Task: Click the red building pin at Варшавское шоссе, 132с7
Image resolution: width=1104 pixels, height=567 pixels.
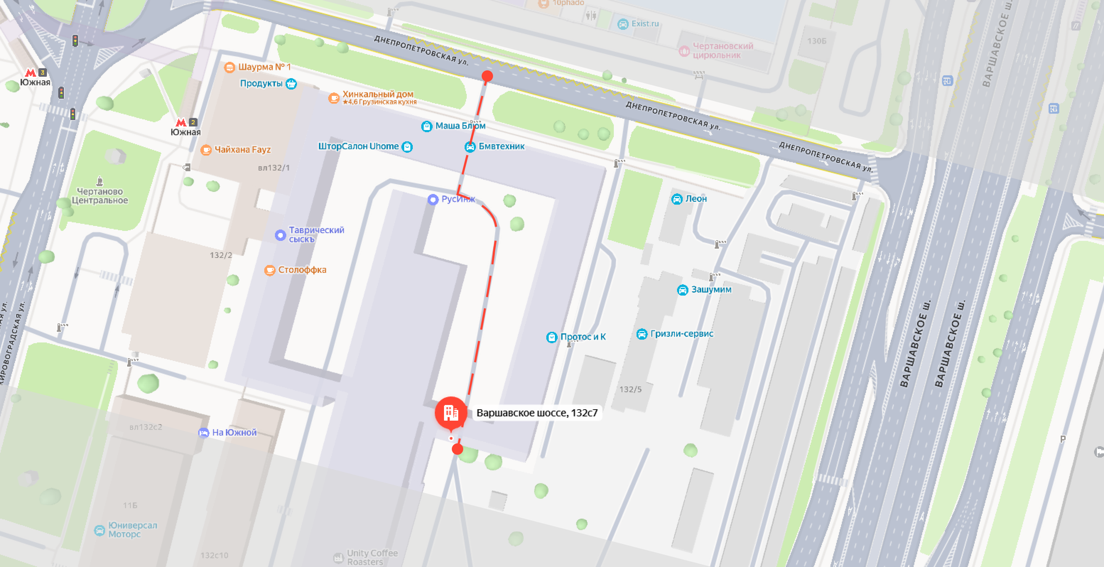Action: tap(450, 412)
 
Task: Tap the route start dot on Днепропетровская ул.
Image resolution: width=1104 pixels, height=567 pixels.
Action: tap(487, 76)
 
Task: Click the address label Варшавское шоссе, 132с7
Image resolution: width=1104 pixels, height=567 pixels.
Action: tap(537, 413)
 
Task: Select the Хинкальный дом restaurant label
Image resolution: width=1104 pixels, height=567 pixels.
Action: tap(378, 94)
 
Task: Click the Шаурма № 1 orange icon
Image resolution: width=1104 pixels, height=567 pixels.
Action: tap(230, 67)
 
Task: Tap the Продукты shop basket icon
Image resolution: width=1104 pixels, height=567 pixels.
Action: tap(291, 83)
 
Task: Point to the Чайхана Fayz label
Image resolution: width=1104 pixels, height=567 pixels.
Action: tap(242, 150)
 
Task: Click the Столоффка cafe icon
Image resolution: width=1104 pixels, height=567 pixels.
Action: tap(270, 270)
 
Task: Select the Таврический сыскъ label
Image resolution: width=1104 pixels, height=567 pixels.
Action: tap(316, 234)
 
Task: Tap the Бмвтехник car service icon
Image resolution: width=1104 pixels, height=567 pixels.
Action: tap(470, 147)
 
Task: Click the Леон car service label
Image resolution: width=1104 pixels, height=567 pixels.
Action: tap(696, 199)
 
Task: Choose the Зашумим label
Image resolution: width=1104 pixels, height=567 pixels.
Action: tap(711, 290)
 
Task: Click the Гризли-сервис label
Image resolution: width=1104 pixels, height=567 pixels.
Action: tap(681, 334)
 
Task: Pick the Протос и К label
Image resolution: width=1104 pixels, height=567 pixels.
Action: tap(583, 337)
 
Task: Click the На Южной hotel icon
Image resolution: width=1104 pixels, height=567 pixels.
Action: tap(203, 433)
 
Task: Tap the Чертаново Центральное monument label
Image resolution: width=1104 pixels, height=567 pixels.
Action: tap(99, 196)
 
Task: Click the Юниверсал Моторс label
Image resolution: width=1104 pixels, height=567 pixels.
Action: tap(132, 530)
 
